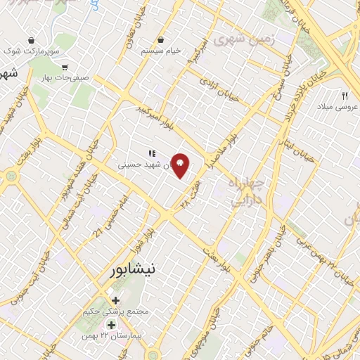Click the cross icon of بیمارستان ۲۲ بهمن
coord(111,325)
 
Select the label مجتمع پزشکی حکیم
coord(116,311)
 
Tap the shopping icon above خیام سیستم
coord(161,39)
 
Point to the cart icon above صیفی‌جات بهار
coord(65,68)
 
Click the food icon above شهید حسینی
coord(150,153)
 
